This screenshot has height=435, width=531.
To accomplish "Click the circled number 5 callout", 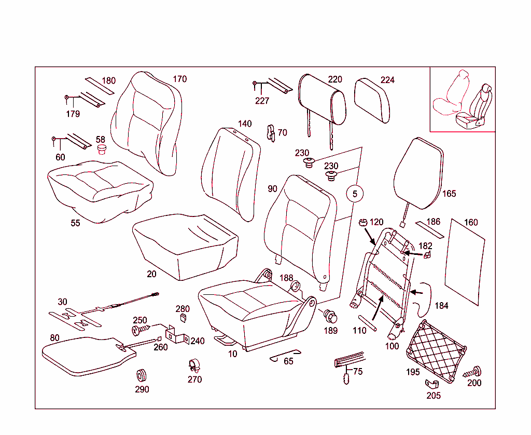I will coord(355,194).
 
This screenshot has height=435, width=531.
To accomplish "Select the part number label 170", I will coord(179,79).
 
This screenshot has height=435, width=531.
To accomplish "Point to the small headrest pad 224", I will coord(372,101).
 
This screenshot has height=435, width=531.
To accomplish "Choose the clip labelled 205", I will coord(432,384).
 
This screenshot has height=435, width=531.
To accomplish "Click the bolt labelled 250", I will coord(140,330).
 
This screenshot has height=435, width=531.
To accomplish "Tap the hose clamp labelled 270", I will coord(194,366).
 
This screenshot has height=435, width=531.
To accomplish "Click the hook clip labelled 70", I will coord(270,132).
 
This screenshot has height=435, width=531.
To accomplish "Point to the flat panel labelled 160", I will coord(466,263).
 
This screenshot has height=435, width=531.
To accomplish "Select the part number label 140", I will coord(245,124).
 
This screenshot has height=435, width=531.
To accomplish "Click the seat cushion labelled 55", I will coord(100,188).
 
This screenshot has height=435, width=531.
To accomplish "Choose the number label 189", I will coord(331,331).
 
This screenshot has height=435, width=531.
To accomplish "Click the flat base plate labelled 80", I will coord(86,354).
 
